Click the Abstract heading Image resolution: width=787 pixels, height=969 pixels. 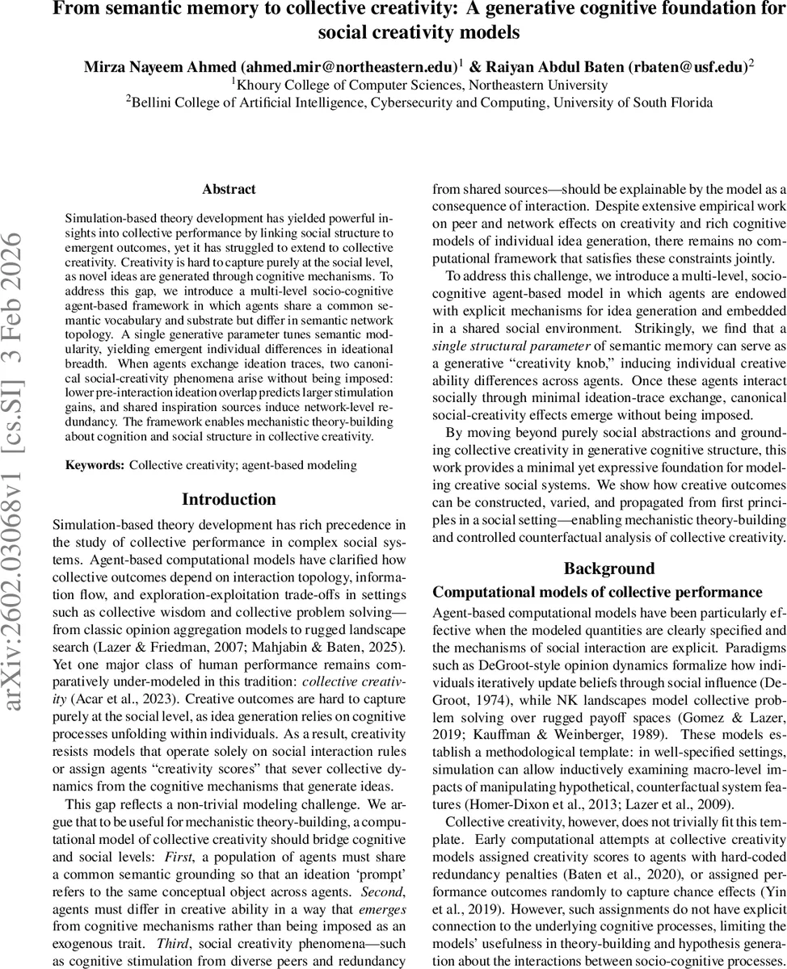(229, 189)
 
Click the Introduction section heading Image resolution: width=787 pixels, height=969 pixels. (229, 499)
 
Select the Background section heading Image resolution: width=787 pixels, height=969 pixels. (609, 568)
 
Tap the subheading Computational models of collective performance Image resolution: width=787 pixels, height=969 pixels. (597, 592)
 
